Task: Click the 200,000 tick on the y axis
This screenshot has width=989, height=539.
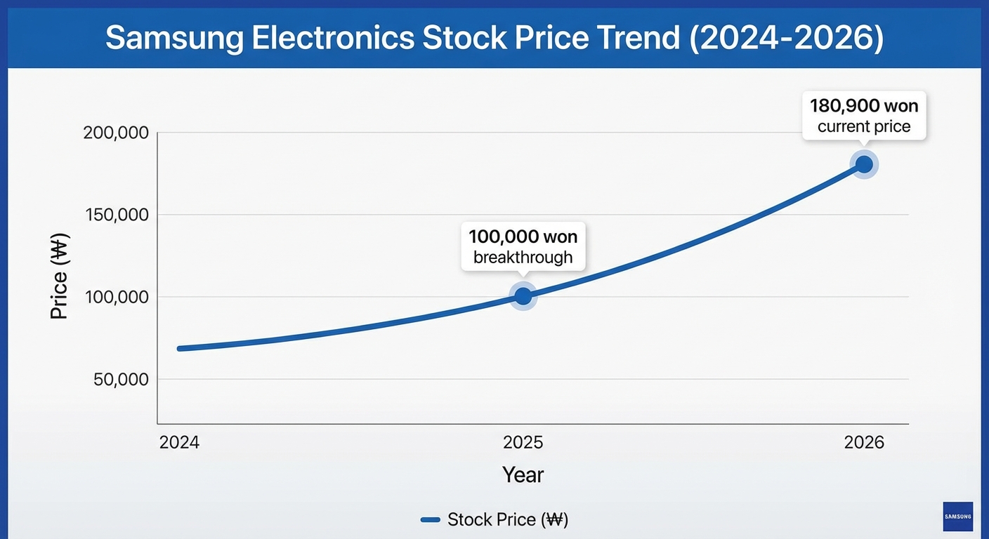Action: coord(116,133)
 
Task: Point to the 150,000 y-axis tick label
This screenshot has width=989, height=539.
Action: coord(116,215)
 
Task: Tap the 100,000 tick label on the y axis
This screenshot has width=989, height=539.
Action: coord(116,297)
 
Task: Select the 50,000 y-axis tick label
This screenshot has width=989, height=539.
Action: coord(120,379)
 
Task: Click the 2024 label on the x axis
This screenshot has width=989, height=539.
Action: coord(179,443)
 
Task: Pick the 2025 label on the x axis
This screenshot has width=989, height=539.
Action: coord(523,443)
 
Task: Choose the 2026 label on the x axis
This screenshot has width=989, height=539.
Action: coord(864,443)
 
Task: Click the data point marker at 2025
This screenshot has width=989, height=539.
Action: coord(523,296)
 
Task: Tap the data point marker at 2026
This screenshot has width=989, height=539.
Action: coord(864,164)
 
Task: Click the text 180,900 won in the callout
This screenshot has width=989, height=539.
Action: coord(864,106)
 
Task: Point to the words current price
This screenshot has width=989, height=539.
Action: coord(864,127)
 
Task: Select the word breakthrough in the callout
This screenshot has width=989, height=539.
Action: coord(523,258)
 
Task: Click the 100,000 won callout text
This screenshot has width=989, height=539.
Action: coord(523,236)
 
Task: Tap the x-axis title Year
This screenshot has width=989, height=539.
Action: coord(523,475)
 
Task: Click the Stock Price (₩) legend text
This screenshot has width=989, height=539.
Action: coord(508,520)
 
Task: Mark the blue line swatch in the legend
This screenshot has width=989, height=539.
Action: coord(430,520)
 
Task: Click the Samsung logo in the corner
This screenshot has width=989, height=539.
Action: coord(958,517)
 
